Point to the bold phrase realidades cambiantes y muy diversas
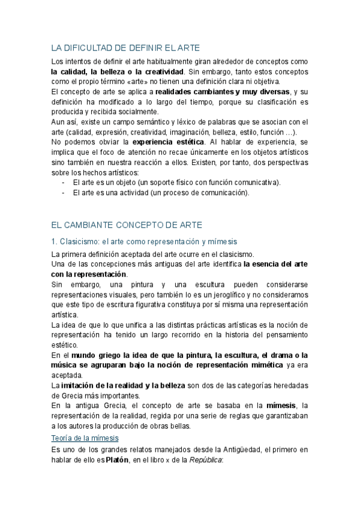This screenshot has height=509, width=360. [x=221, y=92]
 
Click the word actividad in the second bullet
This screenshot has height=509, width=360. [x=139, y=193]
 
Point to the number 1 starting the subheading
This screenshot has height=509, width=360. [x=53, y=241]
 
